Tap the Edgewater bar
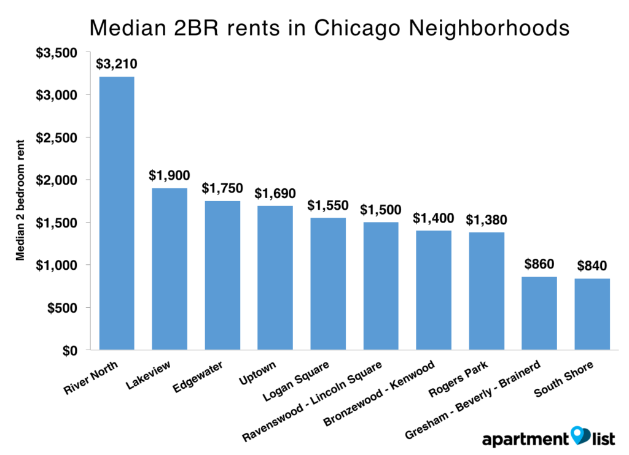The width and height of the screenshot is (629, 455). (x=222, y=275)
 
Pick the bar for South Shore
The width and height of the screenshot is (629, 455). (x=593, y=314)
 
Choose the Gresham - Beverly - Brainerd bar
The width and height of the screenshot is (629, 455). (x=539, y=313)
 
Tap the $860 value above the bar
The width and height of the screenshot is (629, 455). (x=539, y=264)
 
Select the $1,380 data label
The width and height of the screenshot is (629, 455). (x=486, y=220)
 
